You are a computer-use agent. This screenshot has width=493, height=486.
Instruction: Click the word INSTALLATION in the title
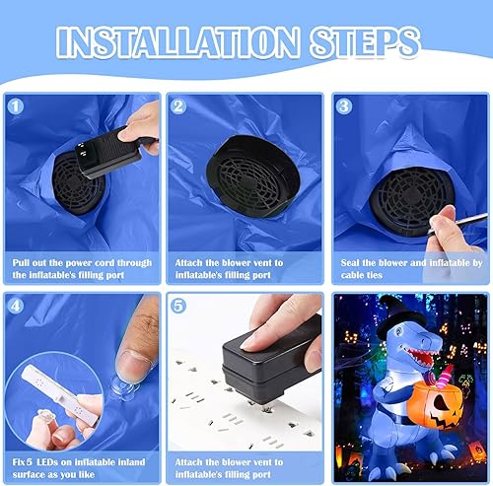pyautogui.click(x=172, y=42)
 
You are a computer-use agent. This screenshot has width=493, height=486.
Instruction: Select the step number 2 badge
pyautogui.click(x=178, y=105)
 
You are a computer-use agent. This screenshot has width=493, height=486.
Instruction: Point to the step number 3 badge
pyautogui.click(x=342, y=105)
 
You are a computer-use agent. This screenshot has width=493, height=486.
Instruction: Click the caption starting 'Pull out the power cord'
pyautogui.click(x=82, y=268)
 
